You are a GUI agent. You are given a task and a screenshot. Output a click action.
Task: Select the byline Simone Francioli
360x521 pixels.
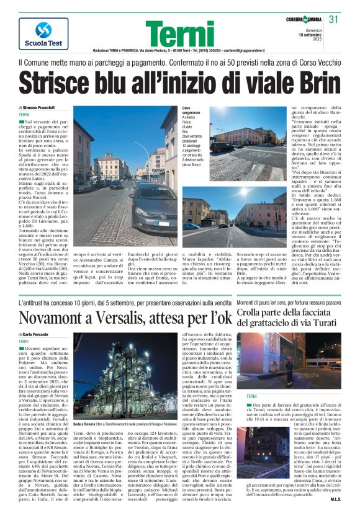[x=37, y=108]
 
